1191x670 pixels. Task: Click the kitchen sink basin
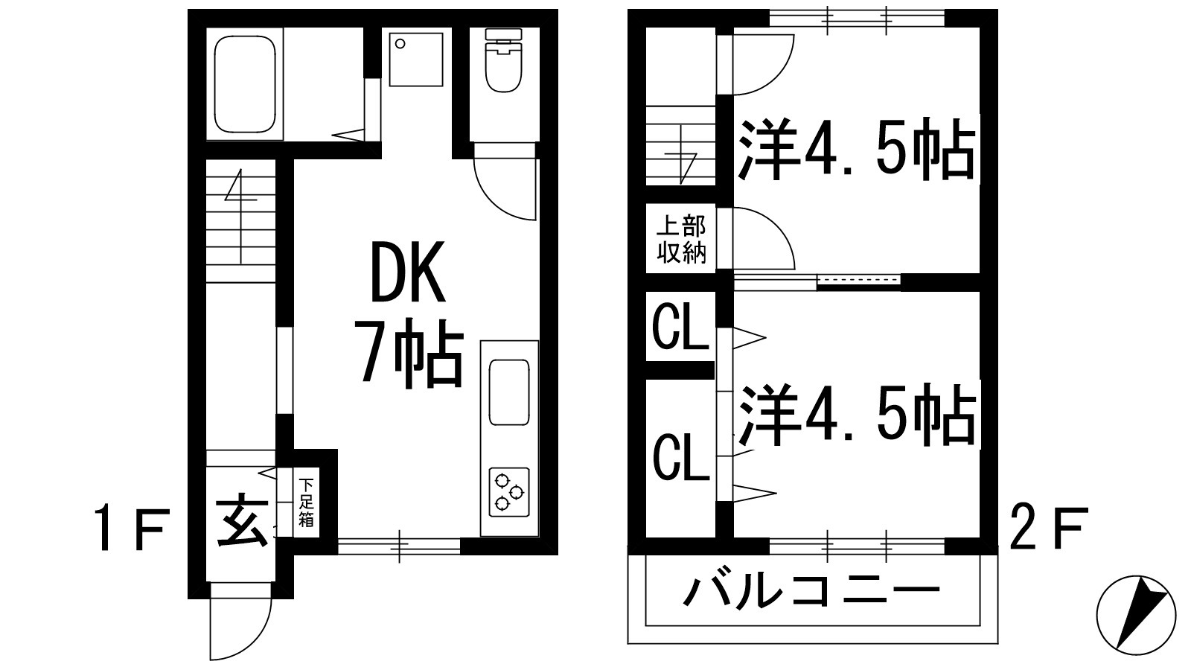[509, 392]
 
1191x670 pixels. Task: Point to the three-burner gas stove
[509, 492]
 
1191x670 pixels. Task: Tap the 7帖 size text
[411, 352]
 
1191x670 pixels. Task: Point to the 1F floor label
[134, 528]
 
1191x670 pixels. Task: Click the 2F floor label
[1048, 528]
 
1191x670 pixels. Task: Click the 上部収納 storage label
[681, 240]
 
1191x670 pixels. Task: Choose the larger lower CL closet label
[681, 459]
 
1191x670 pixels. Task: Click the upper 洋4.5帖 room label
[856, 152]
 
